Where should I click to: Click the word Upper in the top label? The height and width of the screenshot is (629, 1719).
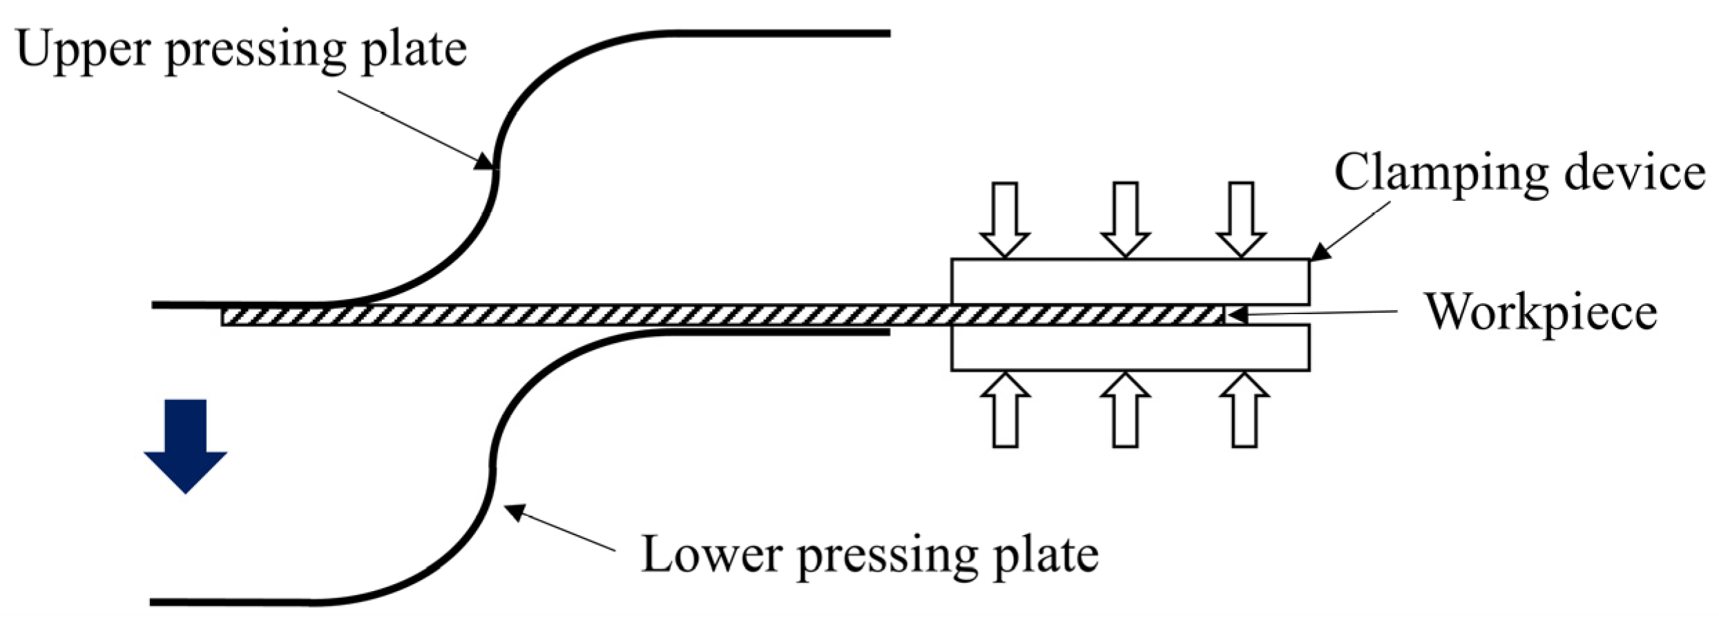pos(83,50)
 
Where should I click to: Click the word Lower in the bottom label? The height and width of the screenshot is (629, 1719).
pos(711,554)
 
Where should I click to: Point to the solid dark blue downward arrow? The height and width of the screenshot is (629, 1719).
pos(185,445)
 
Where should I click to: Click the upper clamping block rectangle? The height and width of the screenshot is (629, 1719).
pos(1130,282)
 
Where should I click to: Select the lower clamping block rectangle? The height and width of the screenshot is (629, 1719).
pos(1130,348)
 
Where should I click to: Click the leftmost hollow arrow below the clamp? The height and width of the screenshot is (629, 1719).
pos(1006,410)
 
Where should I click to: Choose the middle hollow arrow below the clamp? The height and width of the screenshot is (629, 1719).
pos(1125,410)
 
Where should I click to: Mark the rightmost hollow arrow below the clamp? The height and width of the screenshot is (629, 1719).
pos(1244,410)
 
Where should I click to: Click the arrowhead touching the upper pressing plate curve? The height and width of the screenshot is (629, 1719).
pos(486,163)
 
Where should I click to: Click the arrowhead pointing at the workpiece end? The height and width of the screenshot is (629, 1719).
pos(1236,315)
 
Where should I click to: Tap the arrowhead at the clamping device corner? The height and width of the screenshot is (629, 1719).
pos(1320,253)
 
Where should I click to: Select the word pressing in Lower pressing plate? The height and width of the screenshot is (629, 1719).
pos(887,557)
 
